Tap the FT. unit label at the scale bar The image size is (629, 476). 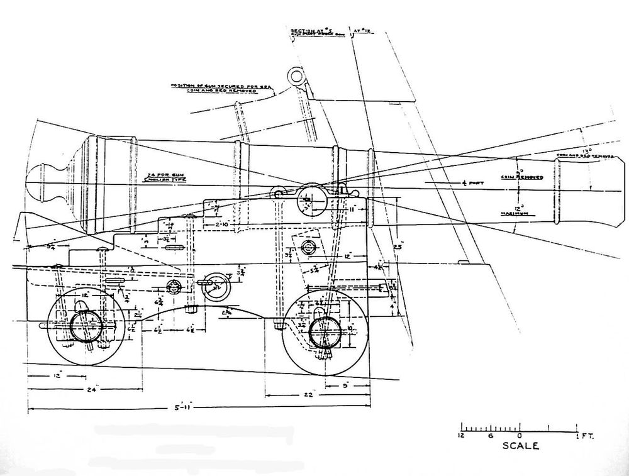coord(588,434)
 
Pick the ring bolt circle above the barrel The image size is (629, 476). coord(296,77)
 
